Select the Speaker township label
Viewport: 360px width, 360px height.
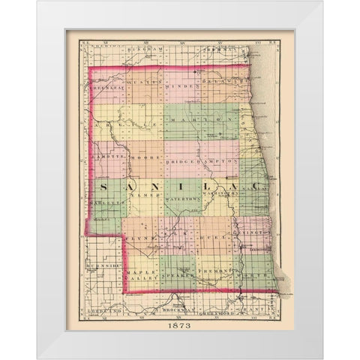point(181,276)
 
